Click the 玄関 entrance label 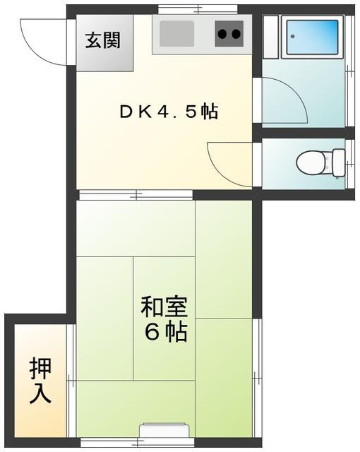[103, 40]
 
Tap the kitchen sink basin [177, 33]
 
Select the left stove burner [222, 33]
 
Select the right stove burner [236, 33]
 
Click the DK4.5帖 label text [167, 112]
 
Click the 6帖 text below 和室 [167, 332]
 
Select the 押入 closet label [40, 381]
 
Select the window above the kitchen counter [186, 9]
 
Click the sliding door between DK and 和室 [134, 194]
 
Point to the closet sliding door [71, 381]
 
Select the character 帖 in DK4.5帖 [208, 112]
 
